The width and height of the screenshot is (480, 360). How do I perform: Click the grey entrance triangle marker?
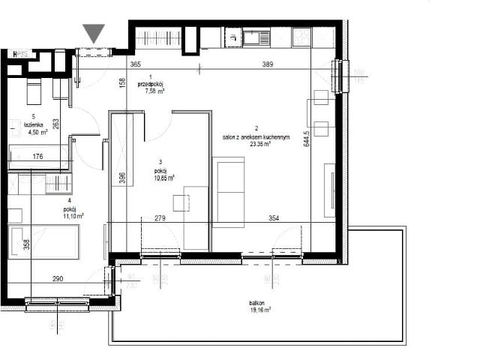[94, 33]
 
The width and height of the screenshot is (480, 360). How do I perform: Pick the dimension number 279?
[159, 218]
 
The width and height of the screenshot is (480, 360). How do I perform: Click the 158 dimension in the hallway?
[121, 85]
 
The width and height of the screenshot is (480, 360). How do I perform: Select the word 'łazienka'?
[32, 124]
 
